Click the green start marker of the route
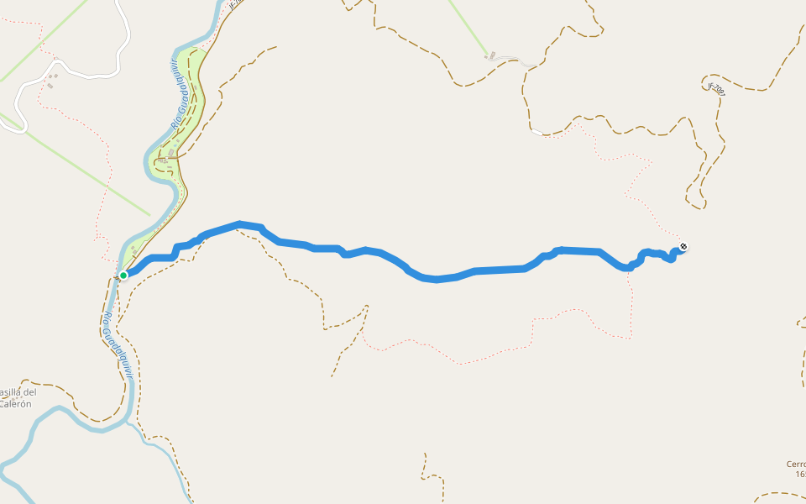[x=123, y=275]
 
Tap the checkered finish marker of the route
[x=683, y=247]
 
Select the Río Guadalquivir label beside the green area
[x=177, y=95]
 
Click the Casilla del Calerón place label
[x=17, y=397]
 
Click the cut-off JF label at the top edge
[x=235, y=4]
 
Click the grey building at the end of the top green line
[x=492, y=56]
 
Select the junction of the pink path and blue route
[x=628, y=269]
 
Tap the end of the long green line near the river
[x=150, y=215]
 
